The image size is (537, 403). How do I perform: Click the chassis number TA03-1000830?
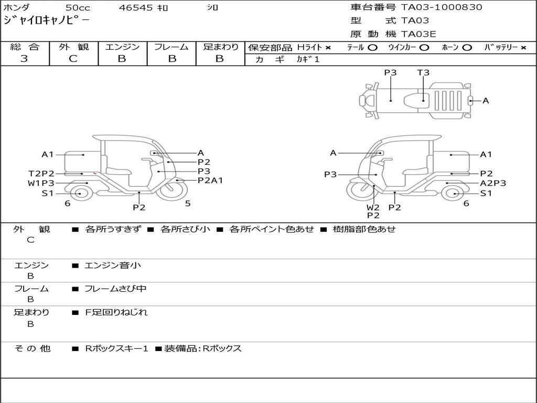coord(442,7)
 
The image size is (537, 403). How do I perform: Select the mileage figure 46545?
coord(136,7)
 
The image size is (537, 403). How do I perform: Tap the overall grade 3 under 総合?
coord(24,59)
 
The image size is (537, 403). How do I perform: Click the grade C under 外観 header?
coord(73,59)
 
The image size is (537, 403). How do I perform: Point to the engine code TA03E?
coord(418,34)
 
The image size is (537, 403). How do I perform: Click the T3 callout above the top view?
coord(423,72)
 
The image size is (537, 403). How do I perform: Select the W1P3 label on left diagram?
coord(41,183)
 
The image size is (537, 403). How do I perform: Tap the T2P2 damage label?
coord(41,174)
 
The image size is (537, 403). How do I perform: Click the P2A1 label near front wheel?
coord(210,181)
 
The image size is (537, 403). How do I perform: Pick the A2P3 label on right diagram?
coord(493,183)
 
